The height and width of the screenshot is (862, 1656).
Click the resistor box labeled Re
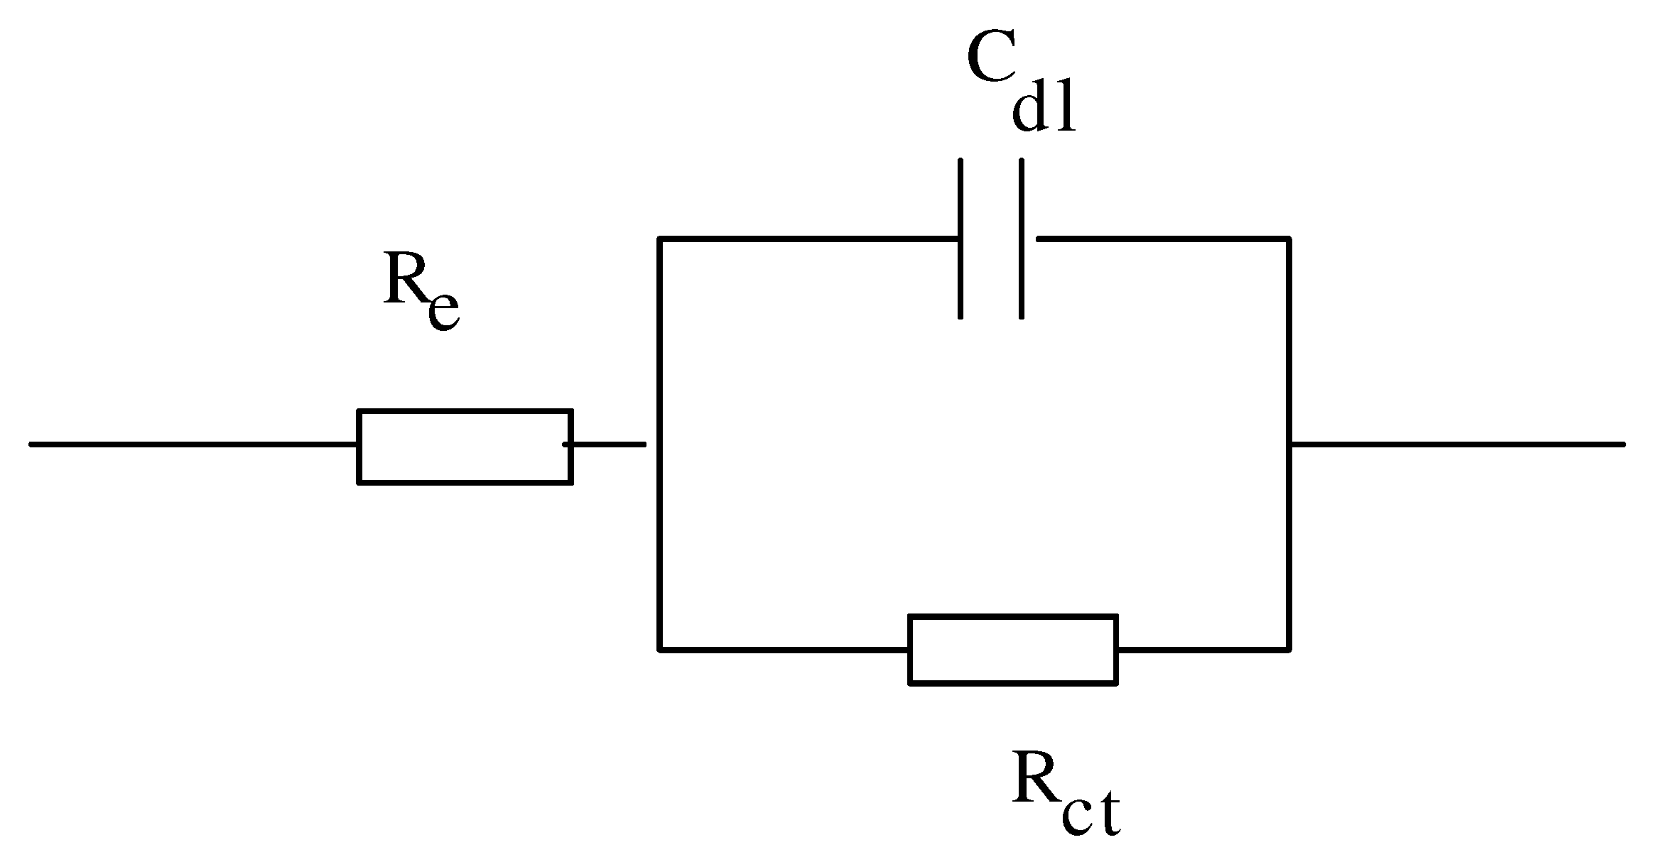pyautogui.click(x=465, y=447)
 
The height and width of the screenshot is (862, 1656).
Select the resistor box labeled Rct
pyautogui.click(x=1013, y=649)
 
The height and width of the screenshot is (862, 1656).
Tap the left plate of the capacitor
pyautogui.click(x=960, y=239)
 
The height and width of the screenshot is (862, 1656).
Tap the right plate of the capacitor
pyautogui.click(x=1022, y=239)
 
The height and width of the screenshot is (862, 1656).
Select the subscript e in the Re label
pyautogui.click(x=444, y=310)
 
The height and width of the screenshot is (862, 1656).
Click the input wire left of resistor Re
pyautogui.click(x=192, y=444)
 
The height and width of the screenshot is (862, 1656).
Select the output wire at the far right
pyautogui.click(x=1456, y=444)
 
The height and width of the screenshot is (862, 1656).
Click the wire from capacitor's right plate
pyautogui.click(x=1162, y=239)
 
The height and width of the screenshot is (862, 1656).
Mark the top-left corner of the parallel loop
pyautogui.click(x=661, y=239)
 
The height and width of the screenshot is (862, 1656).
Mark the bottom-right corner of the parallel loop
pyautogui.click(x=1289, y=648)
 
